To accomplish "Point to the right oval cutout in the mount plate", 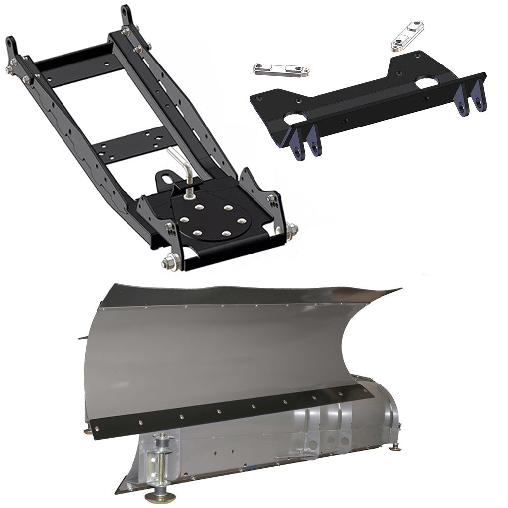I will click(427, 84).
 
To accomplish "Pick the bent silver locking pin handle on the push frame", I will click(181, 164).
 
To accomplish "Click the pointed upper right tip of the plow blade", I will click(397, 289).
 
